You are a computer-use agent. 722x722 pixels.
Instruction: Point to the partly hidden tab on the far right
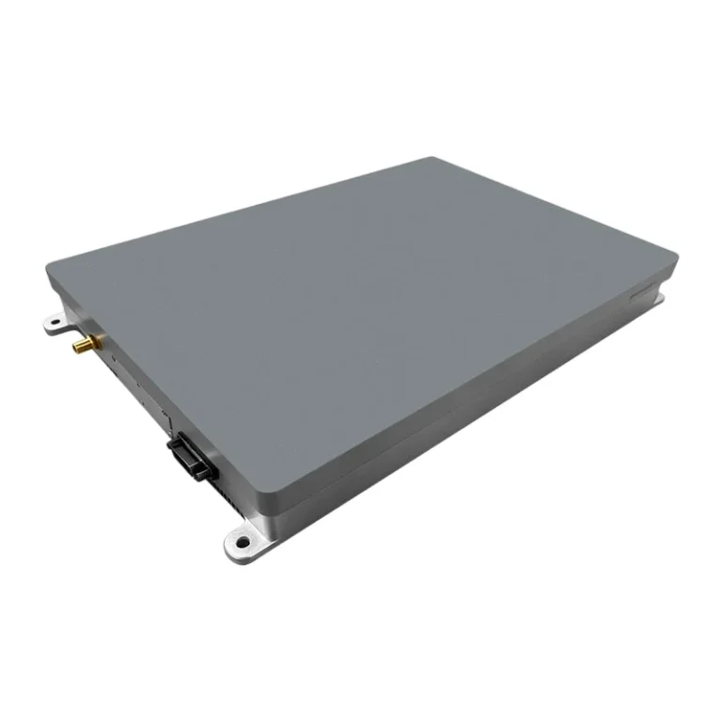click(x=661, y=299)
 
